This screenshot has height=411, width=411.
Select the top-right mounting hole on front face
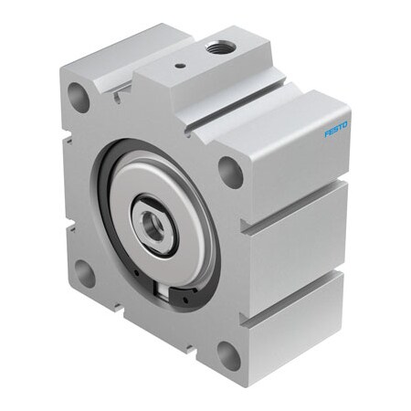[232, 172]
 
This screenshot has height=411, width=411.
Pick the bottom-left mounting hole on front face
[84, 271]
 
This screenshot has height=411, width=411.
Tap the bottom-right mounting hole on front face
[228, 354]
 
